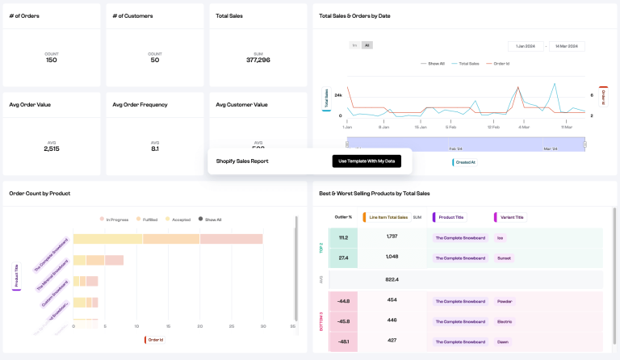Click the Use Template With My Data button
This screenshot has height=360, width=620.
[x=367, y=161]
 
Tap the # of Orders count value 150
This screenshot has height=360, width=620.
[x=52, y=61]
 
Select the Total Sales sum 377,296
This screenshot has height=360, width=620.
[x=258, y=61]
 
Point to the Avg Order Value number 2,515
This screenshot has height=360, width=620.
[x=52, y=149]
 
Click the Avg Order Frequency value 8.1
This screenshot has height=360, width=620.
[x=155, y=149]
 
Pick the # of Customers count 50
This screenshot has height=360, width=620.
[x=155, y=61]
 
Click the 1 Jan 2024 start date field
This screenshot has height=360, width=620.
[x=525, y=47]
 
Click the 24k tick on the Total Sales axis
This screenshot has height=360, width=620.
[x=338, y=95]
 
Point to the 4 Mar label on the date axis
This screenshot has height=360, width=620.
[x=524, y=127]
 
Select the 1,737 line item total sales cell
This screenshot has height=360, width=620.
[x=392, y=237]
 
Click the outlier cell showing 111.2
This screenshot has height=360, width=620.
[x=343, y=237]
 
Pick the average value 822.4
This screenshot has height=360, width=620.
[x=392, y=279]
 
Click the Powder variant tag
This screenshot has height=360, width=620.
[x=505, y=301]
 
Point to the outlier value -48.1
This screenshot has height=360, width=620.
[x=343, y=341]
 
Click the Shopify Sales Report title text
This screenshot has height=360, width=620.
[x=242, y=161]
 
